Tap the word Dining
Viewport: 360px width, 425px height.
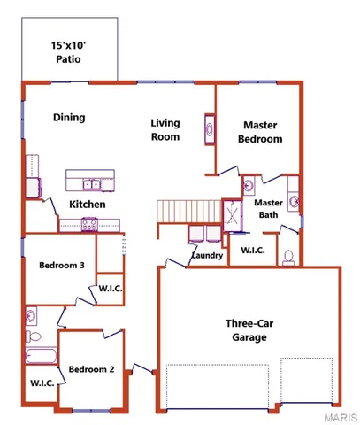68,116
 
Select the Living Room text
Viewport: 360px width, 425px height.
165,130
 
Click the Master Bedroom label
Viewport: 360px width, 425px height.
261,132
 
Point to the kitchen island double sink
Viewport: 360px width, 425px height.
91,185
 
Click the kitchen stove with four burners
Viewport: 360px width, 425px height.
91,224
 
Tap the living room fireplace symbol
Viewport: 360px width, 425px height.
210,129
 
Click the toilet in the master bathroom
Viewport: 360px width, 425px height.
287,258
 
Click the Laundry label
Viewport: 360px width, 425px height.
206,257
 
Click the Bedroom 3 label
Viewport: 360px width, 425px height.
61,265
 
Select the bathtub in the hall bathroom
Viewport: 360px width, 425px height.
40,358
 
